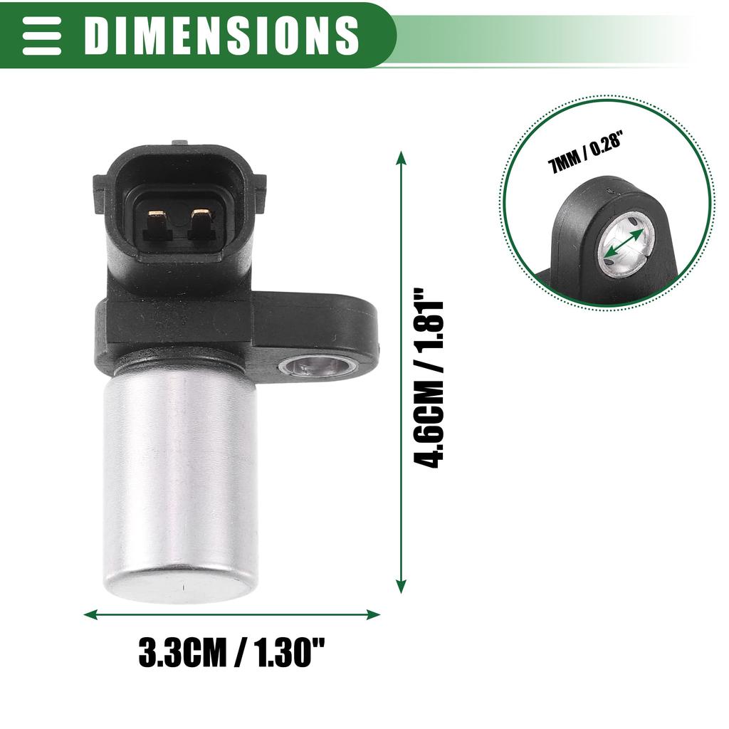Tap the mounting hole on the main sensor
(318, 366)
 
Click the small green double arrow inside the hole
(626, 243)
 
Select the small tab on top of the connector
(181, 142)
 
